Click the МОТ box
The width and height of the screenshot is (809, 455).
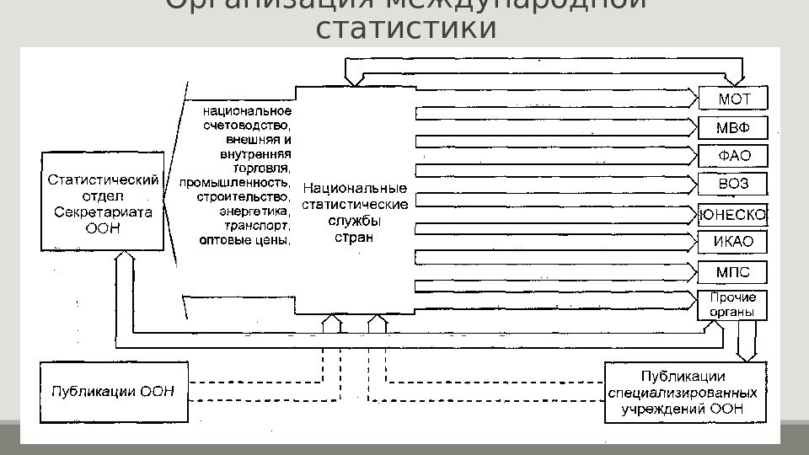(733, 99)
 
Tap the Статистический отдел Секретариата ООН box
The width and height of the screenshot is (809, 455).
(102, 202)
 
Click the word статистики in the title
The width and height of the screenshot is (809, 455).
(404, 28)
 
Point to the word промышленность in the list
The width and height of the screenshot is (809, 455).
(235, 182)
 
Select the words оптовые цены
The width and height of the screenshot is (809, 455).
(245, 240)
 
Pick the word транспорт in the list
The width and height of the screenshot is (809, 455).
(258, 226)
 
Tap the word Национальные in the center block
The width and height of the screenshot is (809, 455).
(354, 189)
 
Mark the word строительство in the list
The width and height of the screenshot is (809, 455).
(244, 196)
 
